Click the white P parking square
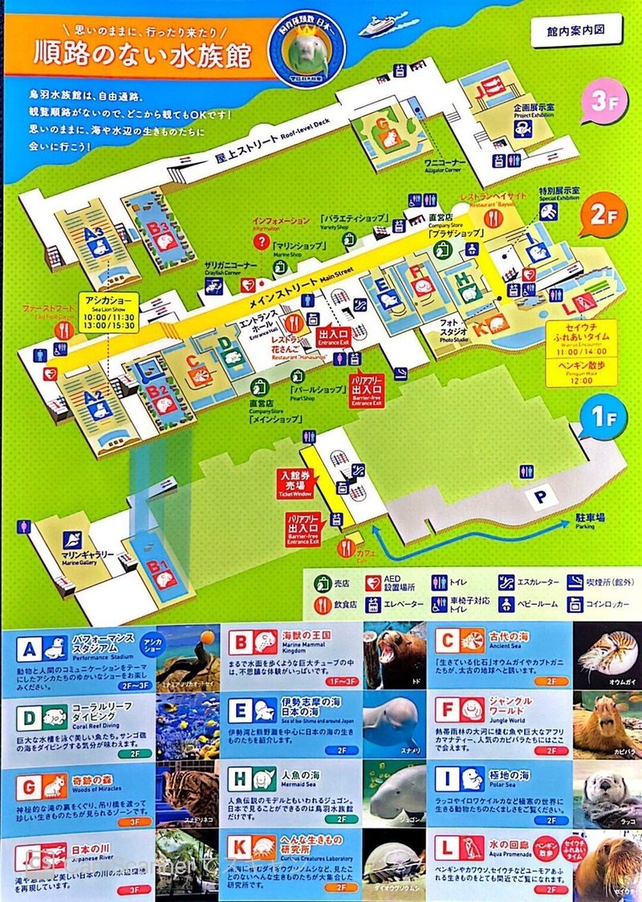[540, 496]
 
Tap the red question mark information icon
[259, 240]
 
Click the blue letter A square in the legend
[30, 648]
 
